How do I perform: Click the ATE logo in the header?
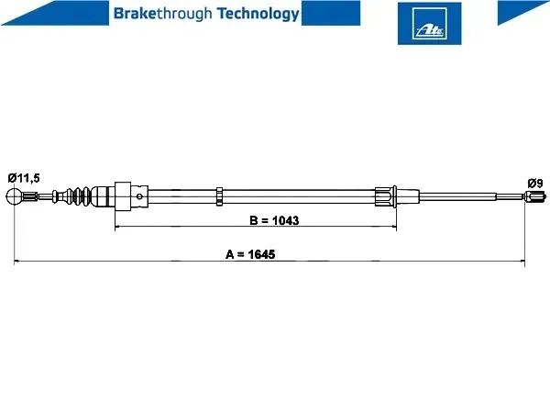tap(429, 24)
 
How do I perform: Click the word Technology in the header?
tap(258, 14)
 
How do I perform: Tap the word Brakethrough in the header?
tap(163, 14)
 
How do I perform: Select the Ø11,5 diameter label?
tap(24, 178)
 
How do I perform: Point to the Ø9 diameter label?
tap(535, 183)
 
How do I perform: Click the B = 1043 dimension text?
tap(274, 220)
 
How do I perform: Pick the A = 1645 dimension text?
tap(250, 254)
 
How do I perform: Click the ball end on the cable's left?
tap(15, 196)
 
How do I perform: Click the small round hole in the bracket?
tap(139, 196)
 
